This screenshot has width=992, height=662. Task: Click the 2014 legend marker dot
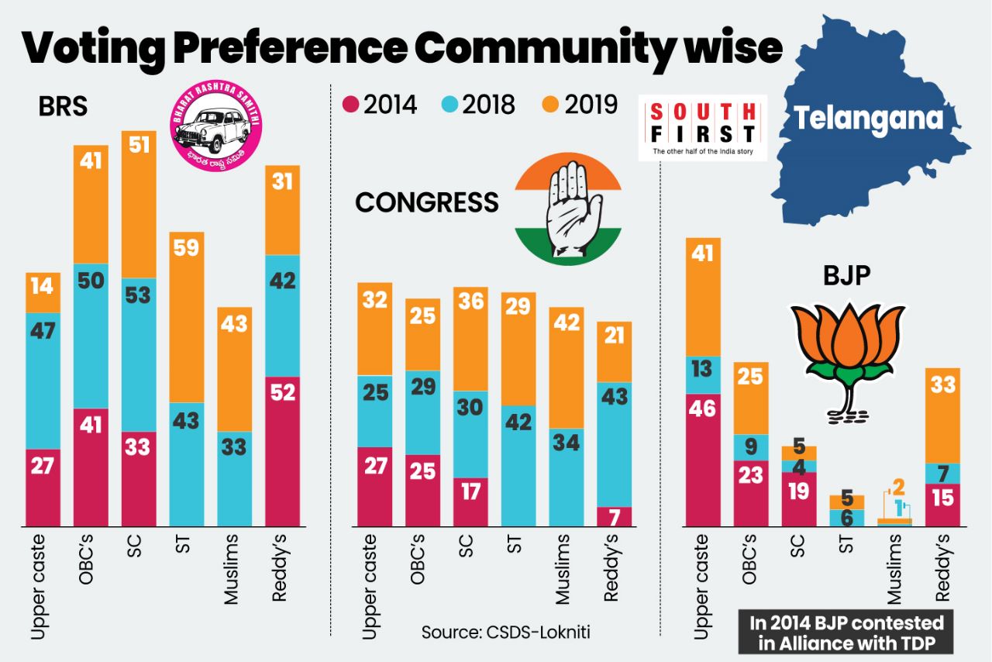point(350,105)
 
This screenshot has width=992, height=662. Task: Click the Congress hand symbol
point(568,210)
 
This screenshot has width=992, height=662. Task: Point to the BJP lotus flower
point(846,353)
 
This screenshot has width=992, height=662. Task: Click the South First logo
point(702,128)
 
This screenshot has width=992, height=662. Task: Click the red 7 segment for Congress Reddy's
point(614,516)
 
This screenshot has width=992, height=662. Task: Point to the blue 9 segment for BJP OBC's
point(750,447)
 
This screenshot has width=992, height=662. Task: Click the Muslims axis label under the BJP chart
point(894,569)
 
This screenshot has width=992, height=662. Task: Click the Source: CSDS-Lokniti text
point(505,632)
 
